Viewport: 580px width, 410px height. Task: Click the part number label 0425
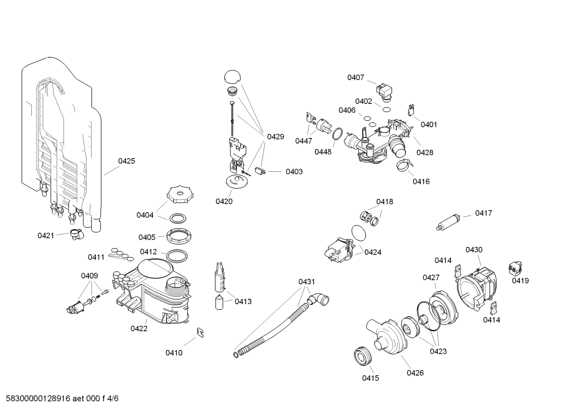point(126,161)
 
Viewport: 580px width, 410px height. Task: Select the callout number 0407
point(356,77)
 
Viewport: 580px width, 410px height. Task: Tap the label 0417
point(483,213)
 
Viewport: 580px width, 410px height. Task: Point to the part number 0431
point(306,282)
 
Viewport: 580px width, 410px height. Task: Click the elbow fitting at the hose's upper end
point(319,300)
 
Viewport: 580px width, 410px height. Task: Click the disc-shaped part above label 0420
point(237,181)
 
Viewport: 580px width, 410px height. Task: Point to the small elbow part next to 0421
point(76,234)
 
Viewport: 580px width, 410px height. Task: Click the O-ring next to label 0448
point(338,134)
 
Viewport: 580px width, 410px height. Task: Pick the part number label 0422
point(139,329)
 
